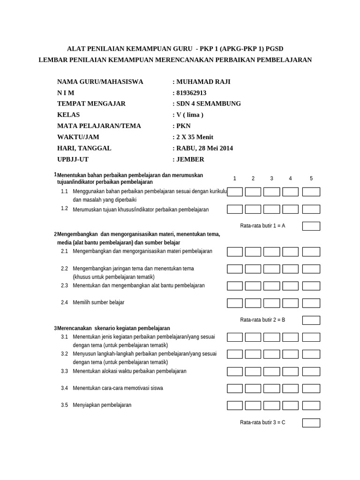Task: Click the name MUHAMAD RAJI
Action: [x=203, y=82]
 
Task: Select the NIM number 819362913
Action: [x=191, y=93]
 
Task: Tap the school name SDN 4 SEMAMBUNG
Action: [x=209, y=104]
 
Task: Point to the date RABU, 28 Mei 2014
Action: [x=204, y=148]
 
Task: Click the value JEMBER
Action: [x=190, y=159]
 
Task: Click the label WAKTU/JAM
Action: [x=78, y=137]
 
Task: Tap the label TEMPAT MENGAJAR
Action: [x=91, y=104]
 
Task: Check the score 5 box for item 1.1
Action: [x=311, y=192]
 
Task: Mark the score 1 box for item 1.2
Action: [x=235, y=209]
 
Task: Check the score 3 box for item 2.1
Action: [x=271, y=252]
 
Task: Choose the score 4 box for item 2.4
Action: [x=290, y=303]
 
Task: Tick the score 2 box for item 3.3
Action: [x=253, y=371]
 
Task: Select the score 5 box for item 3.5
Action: [x=311, y=405]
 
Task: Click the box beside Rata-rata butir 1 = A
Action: [x=311, y=226]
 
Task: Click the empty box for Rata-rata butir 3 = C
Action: [x=311, y=423]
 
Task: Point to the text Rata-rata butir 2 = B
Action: [x=262, y=320]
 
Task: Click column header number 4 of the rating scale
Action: [x=290, y=179]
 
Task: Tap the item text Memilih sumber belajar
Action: [x=98, y=303]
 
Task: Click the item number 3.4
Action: [x=64, y=388]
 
